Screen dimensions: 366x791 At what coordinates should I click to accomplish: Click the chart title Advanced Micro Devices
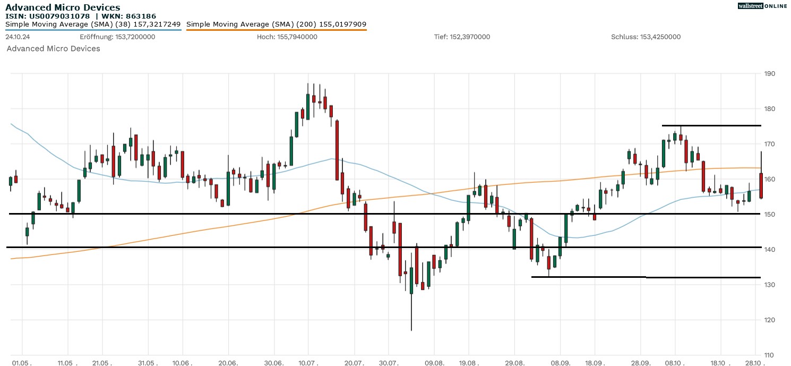coord(63,7)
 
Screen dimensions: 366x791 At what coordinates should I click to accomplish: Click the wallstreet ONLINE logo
coord(762,6)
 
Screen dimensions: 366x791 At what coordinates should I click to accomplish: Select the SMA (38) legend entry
coord(93,24)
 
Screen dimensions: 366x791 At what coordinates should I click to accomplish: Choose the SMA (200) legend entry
coord(276,24)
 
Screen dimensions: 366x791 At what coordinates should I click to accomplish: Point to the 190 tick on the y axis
coord(768,74)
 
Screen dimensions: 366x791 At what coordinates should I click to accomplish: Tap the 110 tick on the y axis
coord(768,355)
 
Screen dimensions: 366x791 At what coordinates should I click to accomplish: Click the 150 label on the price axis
coord(768,215)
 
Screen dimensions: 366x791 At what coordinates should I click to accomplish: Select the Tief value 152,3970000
coord(470,37)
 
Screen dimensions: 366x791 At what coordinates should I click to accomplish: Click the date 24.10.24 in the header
coord(16,37)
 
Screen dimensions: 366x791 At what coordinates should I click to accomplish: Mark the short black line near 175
coord(711,125)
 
